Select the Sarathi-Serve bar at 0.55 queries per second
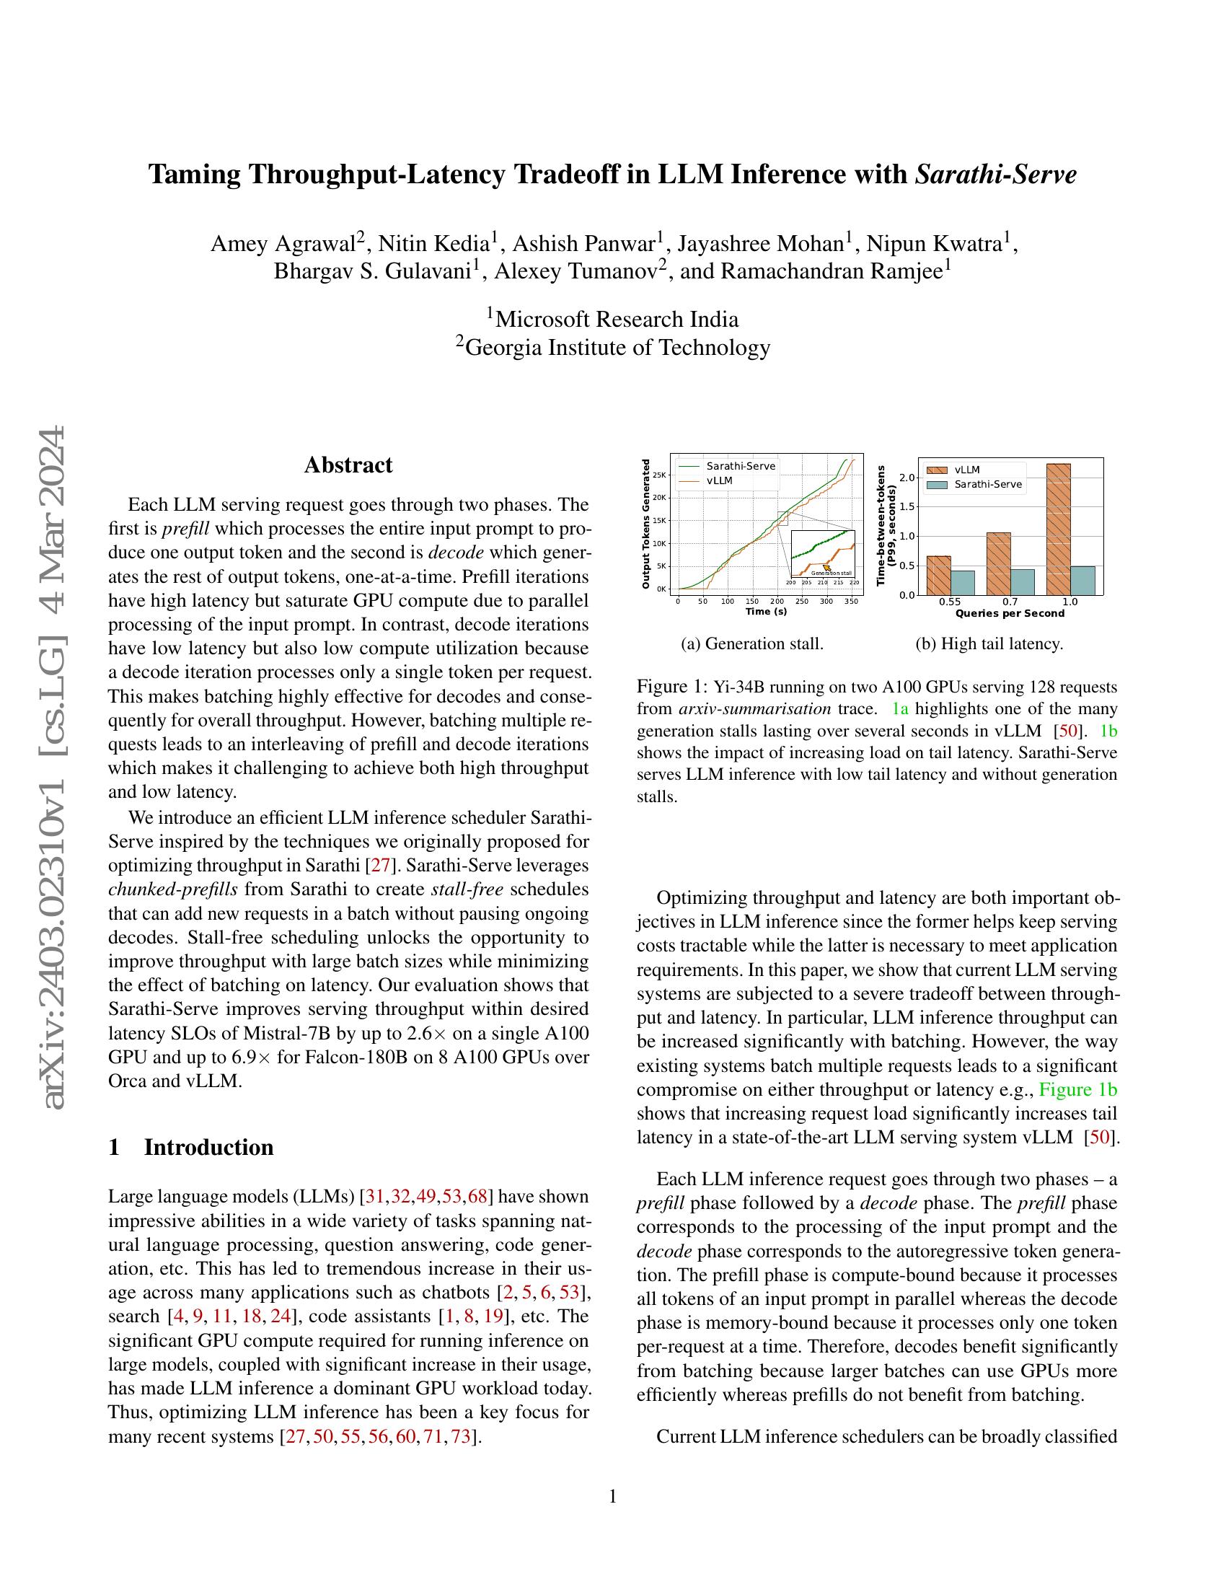point(962,582)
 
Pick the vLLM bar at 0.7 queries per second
point(998,564)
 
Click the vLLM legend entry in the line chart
point(719,480)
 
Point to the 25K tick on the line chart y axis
point(658,475)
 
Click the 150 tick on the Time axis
point(751,602)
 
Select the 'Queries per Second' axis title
point(1010,613)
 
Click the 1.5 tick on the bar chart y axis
point(907,507)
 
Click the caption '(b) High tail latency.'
point(989,643)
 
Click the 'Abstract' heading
point(348,465)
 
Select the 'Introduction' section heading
point(208,1148)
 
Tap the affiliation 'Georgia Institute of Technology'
point(617,348)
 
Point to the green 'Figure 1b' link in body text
point(1078,1089)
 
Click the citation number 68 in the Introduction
point(478,1196)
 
